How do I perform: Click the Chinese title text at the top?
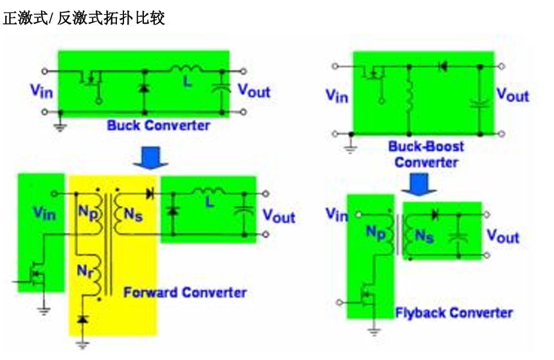click(x=84, y=18)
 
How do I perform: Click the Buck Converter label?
click(x=159, y=125)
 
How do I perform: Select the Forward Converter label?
click(x=185, y=292)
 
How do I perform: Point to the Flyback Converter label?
click(x=454, y=313)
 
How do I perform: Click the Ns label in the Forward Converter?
click(x=133, y=216)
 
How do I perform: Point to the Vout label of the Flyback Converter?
click(x=503, y=236)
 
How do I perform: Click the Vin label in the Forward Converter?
click(x=44, y=213)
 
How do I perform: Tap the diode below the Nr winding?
click(x=82, y=319)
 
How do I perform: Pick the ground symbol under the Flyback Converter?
click(x=375, y=332)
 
